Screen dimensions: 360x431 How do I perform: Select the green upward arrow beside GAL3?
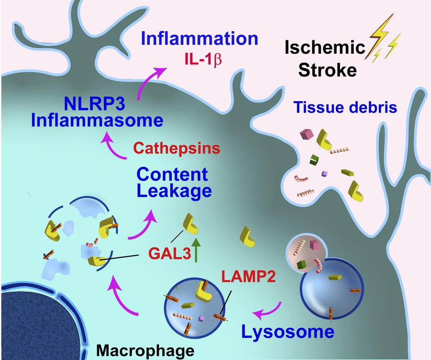pos(196,251)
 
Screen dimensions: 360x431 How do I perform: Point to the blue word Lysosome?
pos(287,331)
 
